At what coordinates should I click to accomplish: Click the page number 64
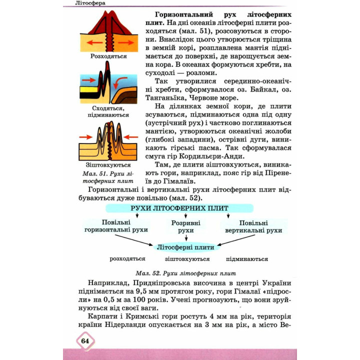85,340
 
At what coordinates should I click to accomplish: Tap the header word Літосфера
90,3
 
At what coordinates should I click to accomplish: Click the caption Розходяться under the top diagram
108,56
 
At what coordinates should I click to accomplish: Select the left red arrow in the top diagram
94,42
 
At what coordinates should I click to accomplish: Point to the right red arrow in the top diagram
126,42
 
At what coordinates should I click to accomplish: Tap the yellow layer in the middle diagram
89,89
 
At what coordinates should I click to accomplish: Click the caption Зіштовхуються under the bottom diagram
108,165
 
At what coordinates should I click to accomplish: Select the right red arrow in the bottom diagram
130,137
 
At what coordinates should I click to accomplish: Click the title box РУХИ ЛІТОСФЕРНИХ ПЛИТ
179,208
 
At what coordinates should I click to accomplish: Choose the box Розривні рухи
185,226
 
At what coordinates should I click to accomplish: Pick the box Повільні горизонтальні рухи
116,226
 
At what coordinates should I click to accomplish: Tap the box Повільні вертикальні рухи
253,226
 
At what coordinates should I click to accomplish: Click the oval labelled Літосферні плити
185,247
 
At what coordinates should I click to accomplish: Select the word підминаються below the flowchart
247,259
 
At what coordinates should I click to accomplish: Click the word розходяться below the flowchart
127,259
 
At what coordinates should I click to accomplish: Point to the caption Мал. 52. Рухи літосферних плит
185,273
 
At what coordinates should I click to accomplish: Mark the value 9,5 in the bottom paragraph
141,291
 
